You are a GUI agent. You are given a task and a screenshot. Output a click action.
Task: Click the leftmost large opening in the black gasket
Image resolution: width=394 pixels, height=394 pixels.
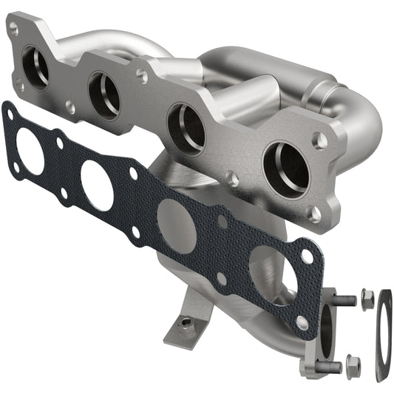click(30, 152)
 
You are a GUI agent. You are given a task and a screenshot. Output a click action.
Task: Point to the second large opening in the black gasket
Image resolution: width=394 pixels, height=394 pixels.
click(97, 186)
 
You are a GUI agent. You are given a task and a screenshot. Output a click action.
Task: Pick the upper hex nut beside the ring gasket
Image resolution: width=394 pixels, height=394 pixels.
click(367, 298)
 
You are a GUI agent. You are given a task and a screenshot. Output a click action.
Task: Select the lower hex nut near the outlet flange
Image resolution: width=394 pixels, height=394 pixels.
click(353, 364)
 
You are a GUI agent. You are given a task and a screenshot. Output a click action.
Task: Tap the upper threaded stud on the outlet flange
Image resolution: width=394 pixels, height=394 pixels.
click(342, 301)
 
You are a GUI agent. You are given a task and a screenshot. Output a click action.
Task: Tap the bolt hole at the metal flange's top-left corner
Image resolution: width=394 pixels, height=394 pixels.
click(13, 27)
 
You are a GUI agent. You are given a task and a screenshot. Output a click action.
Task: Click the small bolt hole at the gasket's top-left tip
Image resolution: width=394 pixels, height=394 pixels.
click(9, 113)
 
